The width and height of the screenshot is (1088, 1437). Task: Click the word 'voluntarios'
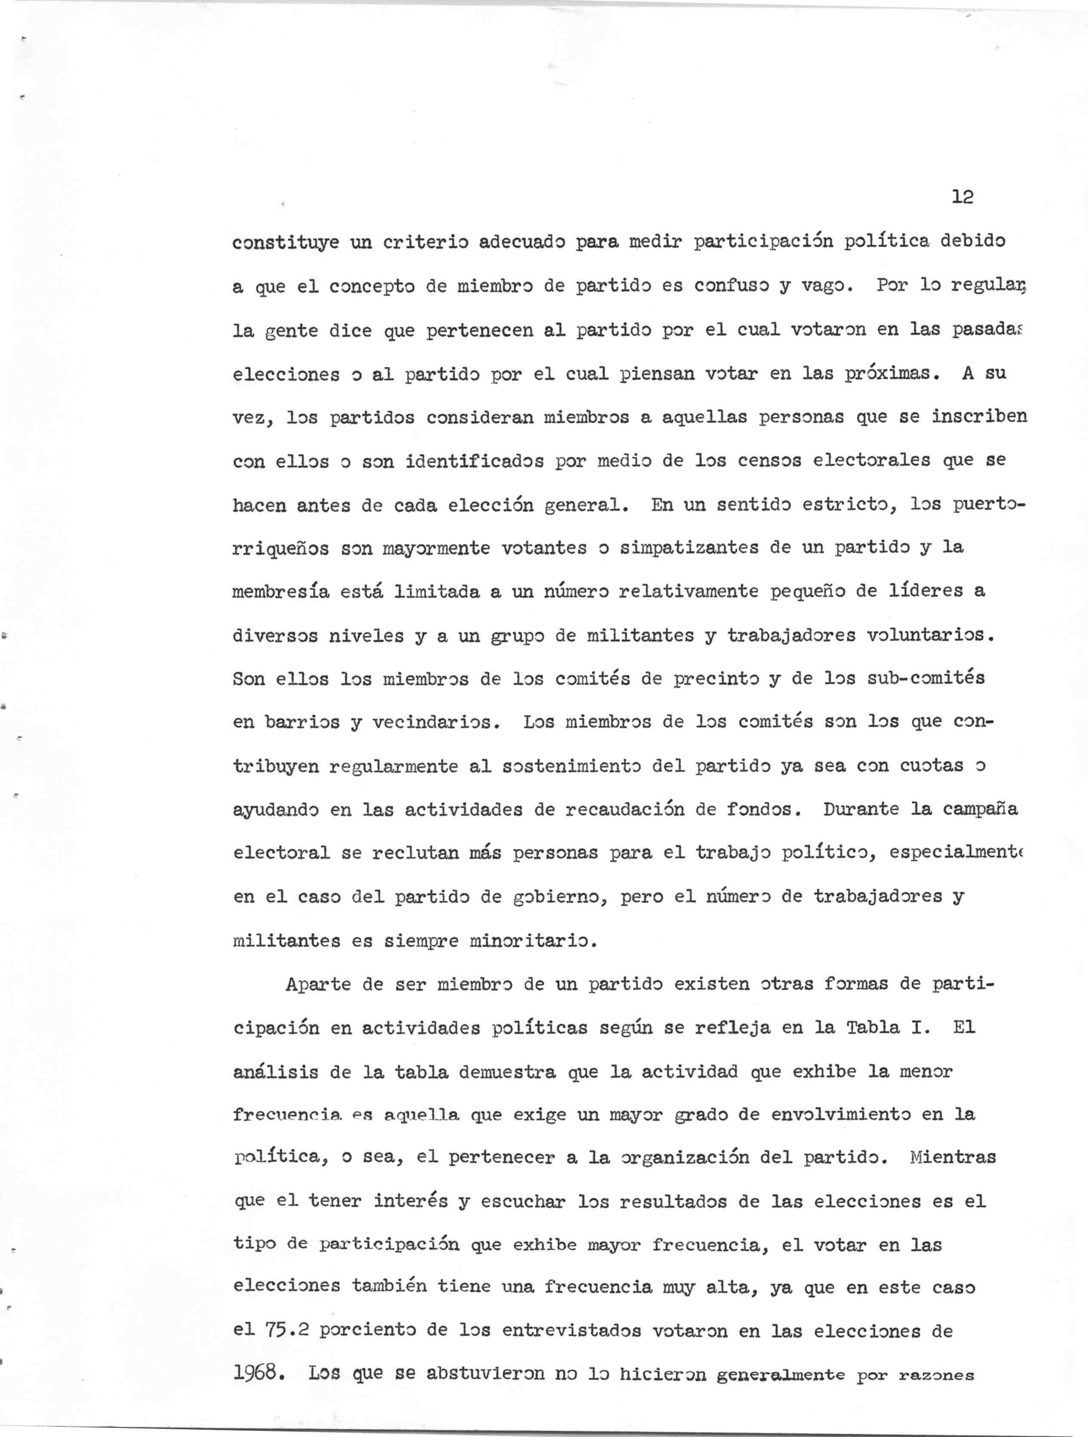tap(929, 635)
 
